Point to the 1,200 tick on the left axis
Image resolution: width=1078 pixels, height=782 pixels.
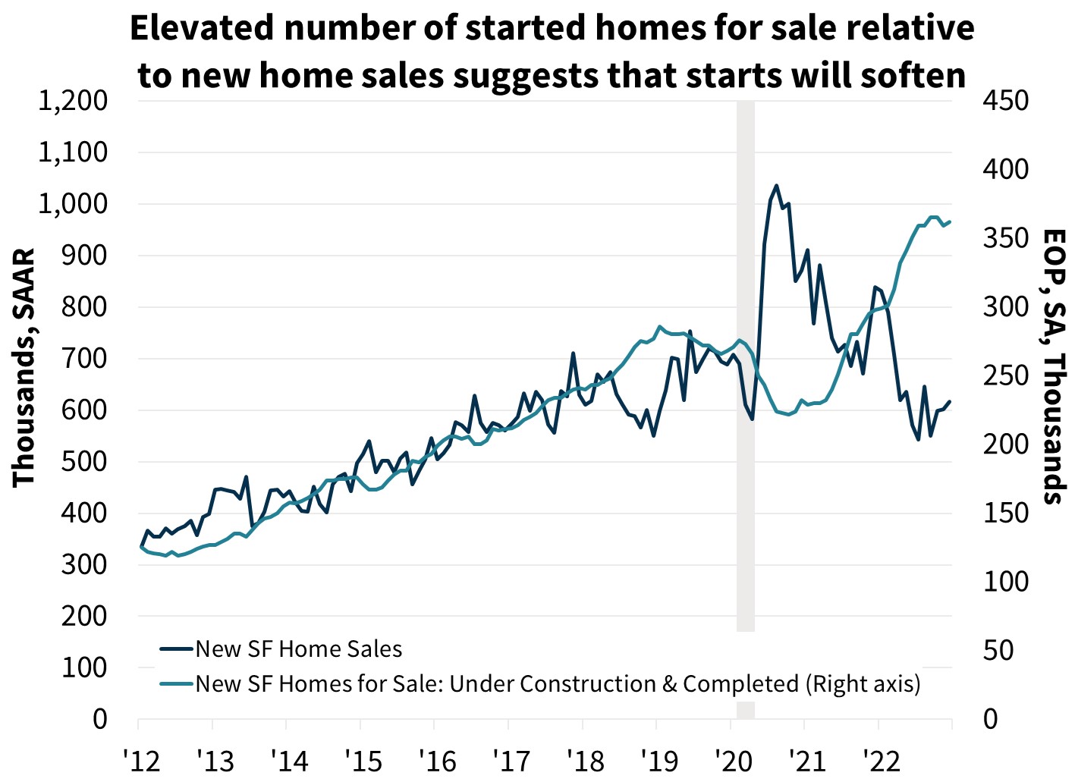pos(73,101)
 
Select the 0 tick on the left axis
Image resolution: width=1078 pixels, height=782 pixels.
pos(100,719)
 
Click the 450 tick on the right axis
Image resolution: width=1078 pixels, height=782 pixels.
pos(1005,101)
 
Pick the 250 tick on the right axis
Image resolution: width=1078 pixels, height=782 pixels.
pos(1005,375)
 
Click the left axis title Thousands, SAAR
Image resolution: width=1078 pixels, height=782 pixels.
pos(24,367)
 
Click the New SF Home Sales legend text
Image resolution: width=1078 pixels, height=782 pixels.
pos(299,649)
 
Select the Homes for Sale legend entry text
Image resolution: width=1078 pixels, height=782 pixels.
pos(558,684)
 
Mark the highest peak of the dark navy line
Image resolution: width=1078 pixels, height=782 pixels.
pos(776,186)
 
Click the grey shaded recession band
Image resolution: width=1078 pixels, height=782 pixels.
pos(746,364)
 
